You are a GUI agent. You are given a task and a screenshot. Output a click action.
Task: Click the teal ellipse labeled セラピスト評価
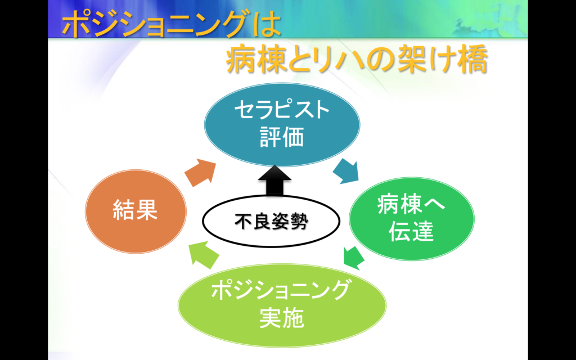282,124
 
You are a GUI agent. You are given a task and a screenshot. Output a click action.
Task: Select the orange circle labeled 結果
136,211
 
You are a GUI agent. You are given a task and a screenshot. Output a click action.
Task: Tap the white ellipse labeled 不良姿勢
271,221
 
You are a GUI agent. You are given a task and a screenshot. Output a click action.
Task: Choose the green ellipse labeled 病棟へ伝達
411,219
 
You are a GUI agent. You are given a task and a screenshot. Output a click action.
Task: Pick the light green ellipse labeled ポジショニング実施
282,305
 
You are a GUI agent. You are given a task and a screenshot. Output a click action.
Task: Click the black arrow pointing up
274,180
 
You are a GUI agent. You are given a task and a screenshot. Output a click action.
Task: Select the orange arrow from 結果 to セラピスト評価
200,172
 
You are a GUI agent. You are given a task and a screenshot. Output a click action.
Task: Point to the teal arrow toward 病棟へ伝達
346,171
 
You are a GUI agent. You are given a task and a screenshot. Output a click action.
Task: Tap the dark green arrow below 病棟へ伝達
354,258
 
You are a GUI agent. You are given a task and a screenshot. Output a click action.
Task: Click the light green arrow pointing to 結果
203,255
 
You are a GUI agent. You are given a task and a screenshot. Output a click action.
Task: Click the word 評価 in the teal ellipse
282,137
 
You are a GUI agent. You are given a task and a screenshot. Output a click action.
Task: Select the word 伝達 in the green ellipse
411,231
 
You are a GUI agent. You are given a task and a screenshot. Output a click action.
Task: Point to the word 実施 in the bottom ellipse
282,318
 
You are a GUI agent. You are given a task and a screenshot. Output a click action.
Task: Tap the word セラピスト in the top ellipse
282,110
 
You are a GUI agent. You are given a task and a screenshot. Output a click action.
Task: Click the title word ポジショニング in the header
154,24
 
